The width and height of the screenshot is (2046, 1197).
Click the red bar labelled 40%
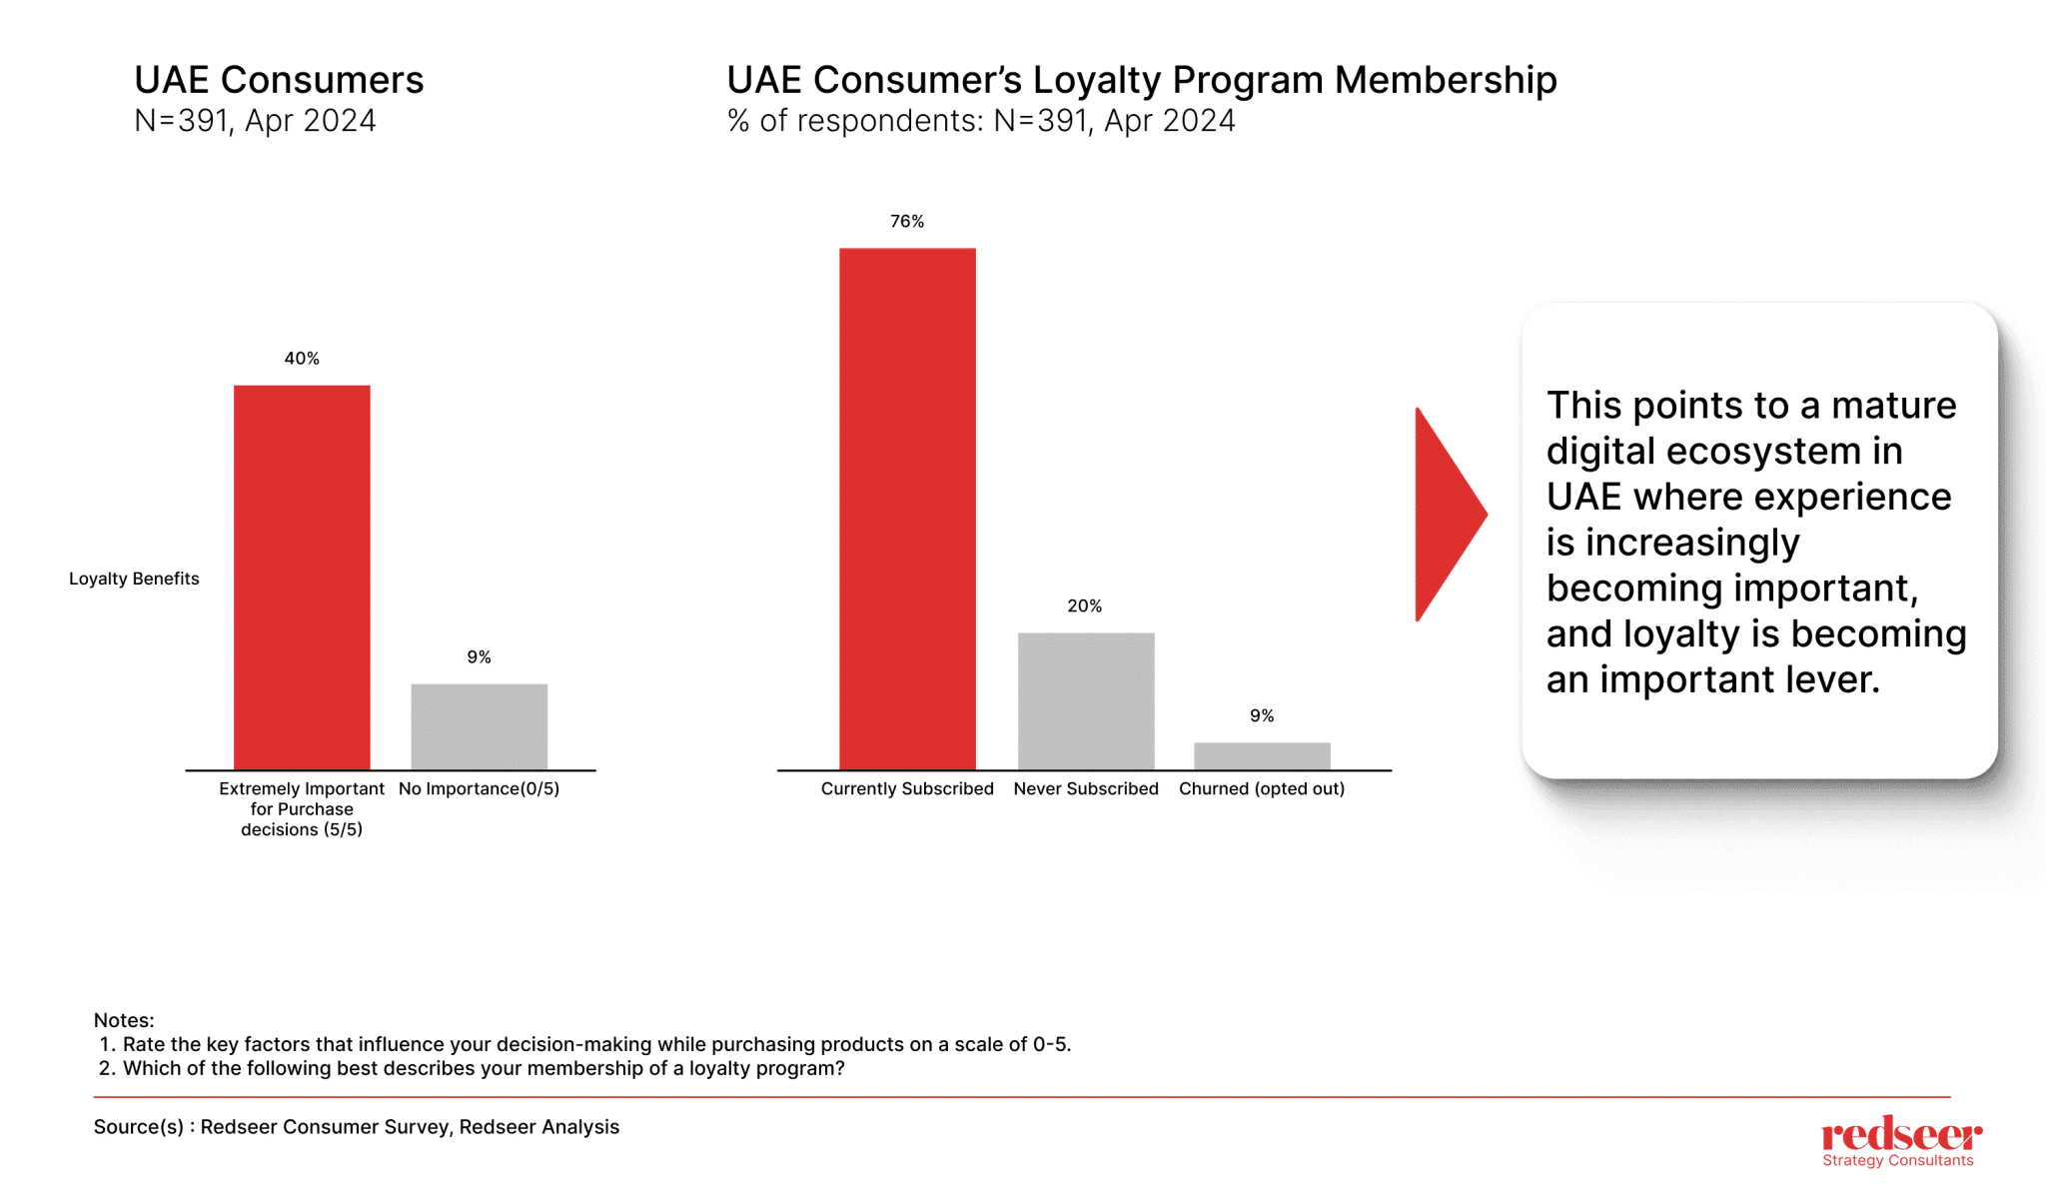click(302, 577)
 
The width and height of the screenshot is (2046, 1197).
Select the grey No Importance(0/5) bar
click(479, 726)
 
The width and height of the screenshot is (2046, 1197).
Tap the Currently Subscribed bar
click(907, 509)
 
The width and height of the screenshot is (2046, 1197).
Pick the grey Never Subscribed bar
click(1086, 700)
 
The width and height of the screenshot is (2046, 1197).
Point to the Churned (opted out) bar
click(1262, 755)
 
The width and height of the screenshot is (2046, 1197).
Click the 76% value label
click(907, 221)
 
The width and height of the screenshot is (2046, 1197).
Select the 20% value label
click(1084, 605)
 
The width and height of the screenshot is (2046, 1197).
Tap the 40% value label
click(302, 358)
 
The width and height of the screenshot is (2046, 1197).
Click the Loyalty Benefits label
click(134, 579)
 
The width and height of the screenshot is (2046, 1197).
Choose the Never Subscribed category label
click(1086, 788)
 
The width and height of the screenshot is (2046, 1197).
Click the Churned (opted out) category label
click(1262, 788)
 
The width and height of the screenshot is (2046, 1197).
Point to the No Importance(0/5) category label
click(479, 788)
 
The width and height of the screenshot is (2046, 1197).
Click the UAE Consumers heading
click(279, 80)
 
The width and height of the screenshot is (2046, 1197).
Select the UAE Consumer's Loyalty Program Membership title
click(1141, 80)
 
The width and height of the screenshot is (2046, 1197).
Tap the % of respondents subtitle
click(981, 121)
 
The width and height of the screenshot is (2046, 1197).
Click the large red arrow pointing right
click(1447, 515)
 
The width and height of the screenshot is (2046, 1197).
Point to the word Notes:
click(124, 1020)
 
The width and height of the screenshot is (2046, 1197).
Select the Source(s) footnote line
click(357, 1127)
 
